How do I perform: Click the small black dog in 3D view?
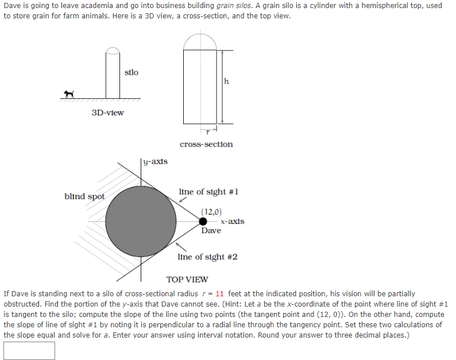(x=69, y=94)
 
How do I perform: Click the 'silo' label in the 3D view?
(x=131, y=72)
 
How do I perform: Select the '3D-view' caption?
(x=107, y=113)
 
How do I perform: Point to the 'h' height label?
(x=226, y=82)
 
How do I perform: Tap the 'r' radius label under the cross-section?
(x=200, y=131)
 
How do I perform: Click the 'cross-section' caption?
(x=206, y=144)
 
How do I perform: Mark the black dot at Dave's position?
(x=203, y=221)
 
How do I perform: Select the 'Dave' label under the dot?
(x=211, y=230)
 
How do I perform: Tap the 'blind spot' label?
(x=84, y=196)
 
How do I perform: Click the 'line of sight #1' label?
(x=208, y=191)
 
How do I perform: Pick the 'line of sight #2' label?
(x=207, y=257)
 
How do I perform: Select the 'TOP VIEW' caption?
(x=187, y=280)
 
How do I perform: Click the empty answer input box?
(x=29, y=350)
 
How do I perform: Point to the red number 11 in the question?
(x=221, y=293)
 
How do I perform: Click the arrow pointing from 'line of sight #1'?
(x=182, y=200)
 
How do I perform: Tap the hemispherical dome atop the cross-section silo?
(x=200, y=41)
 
